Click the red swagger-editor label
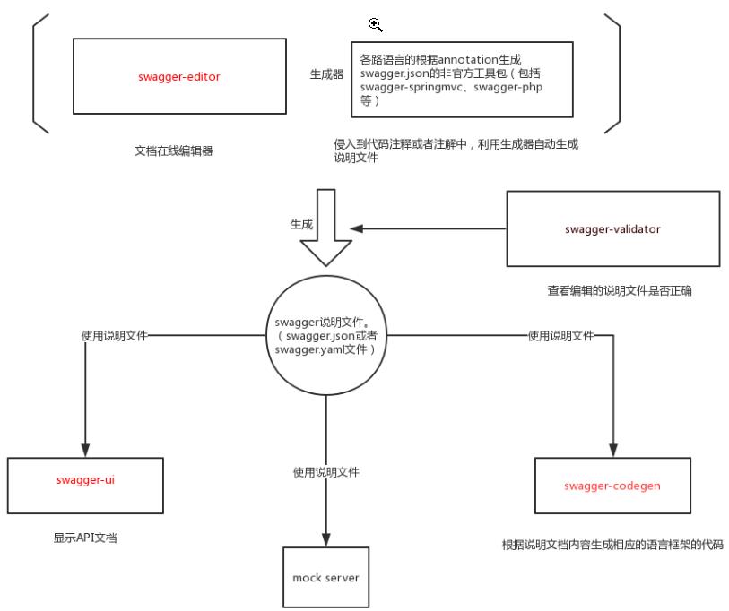[180, 77]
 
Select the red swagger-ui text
[86, 480]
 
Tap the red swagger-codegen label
[613, 486]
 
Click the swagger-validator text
[612, 229]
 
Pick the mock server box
[325, 578]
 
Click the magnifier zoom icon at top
[376, 25]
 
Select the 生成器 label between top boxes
[325, 76]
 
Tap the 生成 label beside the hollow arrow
[301, 224]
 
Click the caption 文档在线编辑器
[173, 151]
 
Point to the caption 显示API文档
[86, 539]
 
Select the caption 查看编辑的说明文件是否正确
[618, 290]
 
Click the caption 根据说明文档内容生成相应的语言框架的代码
[612, 545]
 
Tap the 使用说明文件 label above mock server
[327, 471]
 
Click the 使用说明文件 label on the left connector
[115, 335]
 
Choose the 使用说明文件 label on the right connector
[560, 335]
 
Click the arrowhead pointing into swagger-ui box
[86, 450]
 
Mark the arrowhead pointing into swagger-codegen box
[613, 450]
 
